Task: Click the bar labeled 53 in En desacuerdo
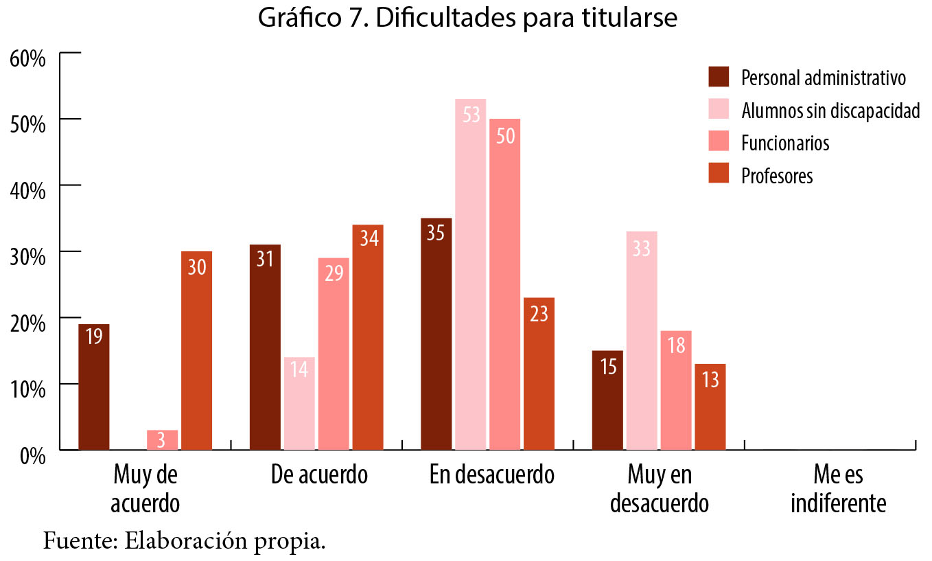click(x=470, y=275)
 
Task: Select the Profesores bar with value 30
click(x=196, y=350)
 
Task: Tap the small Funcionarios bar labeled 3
click(x=162, y=440)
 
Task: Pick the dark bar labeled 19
click(x=94, y=387)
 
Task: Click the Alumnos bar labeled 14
click(x=299, y=403)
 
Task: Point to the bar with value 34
click(x=368, y=337)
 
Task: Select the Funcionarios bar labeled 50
click(x=504, y=284)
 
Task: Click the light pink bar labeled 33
click(x=641, y=341)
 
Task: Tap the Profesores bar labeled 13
click(x=710, y=407)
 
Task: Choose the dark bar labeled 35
click(x=436, y=334)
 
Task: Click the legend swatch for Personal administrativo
click(x=718, y=77)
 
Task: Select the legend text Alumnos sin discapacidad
click(x=830, y=111)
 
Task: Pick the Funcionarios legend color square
click(x=718, y=142)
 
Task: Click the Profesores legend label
click(x=777, y=176)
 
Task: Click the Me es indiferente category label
click(x=838, y=489)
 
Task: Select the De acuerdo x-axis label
click(x=319, y=474)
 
